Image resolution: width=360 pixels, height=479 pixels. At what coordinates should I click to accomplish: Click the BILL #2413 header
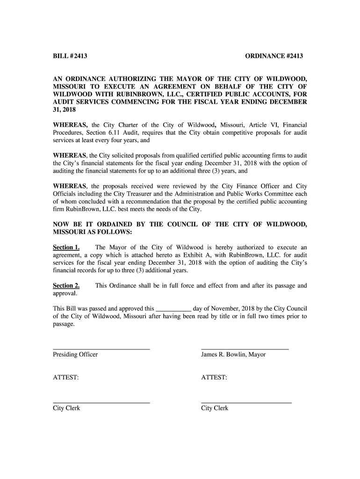tap(70, 57)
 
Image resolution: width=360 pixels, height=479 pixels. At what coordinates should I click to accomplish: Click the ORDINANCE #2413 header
tap(274, 57)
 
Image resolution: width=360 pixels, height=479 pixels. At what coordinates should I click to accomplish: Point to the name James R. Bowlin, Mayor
tap(233, 355)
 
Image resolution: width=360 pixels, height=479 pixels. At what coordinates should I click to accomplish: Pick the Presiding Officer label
tap(75, 355)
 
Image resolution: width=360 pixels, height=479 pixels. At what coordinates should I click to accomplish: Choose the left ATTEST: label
tap(65, 377)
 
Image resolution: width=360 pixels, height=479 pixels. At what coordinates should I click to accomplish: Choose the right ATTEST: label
tap(214, 377)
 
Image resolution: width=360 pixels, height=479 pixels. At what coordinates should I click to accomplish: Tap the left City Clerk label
tap(66, 408)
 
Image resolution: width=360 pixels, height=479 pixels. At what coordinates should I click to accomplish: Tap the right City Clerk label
tap(215, 408)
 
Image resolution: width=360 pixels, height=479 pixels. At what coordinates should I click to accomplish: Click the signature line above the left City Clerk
tap(101, 403)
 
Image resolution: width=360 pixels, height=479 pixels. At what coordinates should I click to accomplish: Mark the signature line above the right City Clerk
tap(246, 403)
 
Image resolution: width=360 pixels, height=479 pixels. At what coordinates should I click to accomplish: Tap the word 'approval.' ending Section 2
tap(65, 293)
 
